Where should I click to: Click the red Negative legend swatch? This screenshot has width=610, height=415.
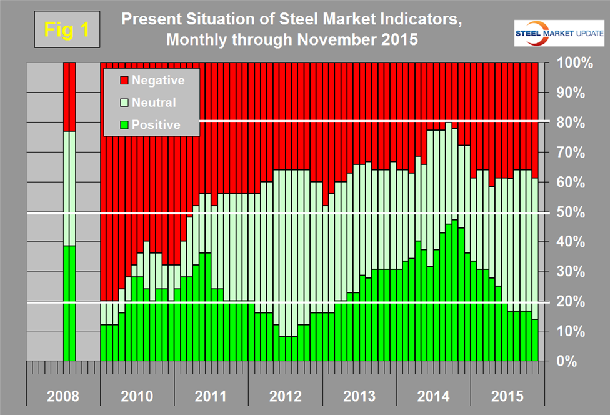(123, 80)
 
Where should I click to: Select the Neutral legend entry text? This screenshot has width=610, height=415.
(153, 102)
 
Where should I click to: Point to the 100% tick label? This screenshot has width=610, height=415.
(566, 64)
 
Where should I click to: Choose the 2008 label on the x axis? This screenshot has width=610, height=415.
(62, 396)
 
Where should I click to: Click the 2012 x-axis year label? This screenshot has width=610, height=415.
(285, 396)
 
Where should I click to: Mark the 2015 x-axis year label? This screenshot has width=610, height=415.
(507, 396)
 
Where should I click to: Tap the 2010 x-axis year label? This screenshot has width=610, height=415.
(137, 396)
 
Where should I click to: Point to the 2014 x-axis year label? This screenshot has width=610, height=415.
(433, 396)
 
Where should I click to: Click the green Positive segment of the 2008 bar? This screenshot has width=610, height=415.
(69, 303)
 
